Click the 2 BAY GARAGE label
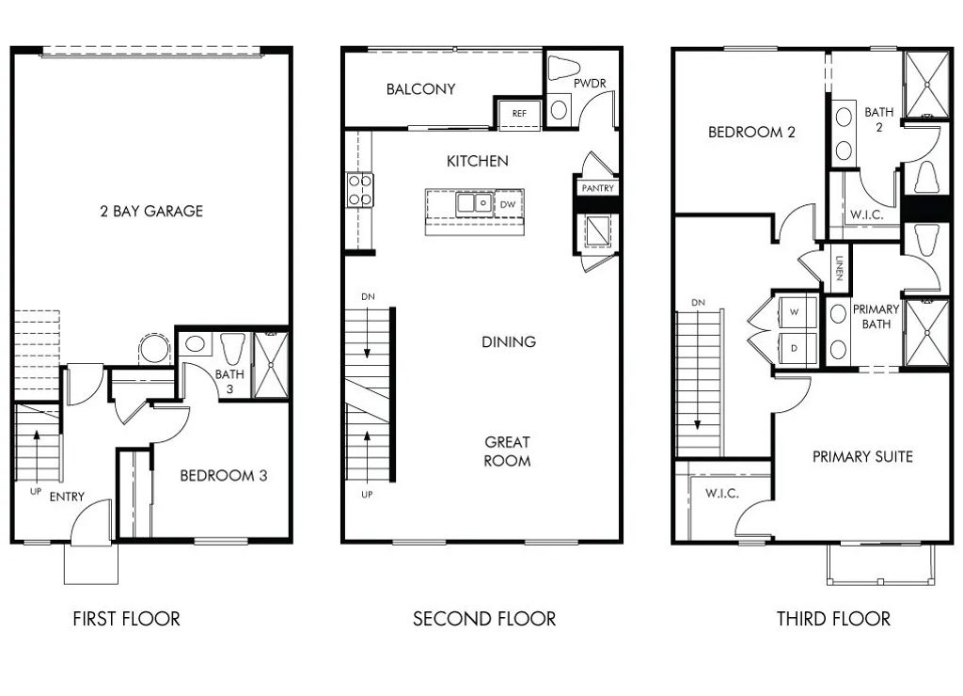point(151,211)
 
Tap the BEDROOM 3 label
point(224,476)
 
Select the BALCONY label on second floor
point(420,89)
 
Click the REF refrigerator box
point(518,113)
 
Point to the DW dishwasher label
point(508,203)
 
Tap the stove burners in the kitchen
point(359,188)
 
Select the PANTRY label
point(597,188)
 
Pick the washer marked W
point(794,311)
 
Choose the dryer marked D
point(794,347)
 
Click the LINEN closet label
point(838,269)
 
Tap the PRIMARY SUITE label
point(862,457)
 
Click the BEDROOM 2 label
point(751,133)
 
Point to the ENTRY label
point(67,497)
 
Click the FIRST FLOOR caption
point(126,619)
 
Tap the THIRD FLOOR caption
point(833,619)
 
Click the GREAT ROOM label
point(507,451)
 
